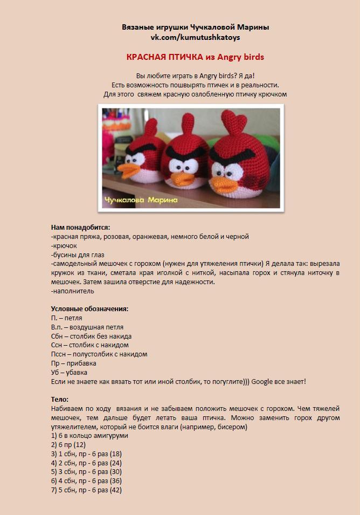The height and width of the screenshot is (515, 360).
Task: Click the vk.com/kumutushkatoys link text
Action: point(195,38)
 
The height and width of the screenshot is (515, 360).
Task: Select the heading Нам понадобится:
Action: point(80,228)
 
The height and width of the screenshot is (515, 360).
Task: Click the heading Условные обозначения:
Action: point(89,309)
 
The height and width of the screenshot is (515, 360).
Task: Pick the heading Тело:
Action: point(60,400)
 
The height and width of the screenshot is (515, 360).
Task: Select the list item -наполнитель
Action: point(73,291)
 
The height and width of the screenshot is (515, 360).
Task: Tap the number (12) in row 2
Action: point(79,445)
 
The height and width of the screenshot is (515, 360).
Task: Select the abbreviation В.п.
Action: point(59,327)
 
